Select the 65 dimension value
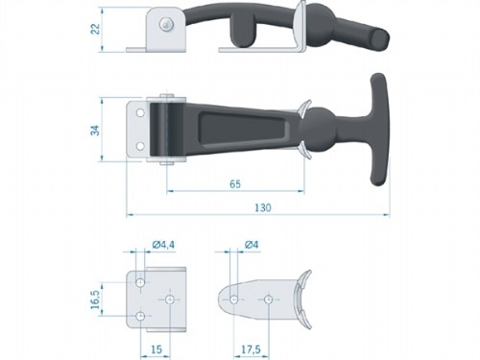pos(235,182)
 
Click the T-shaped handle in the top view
pos(370,125)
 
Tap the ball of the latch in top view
pos(321,128)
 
